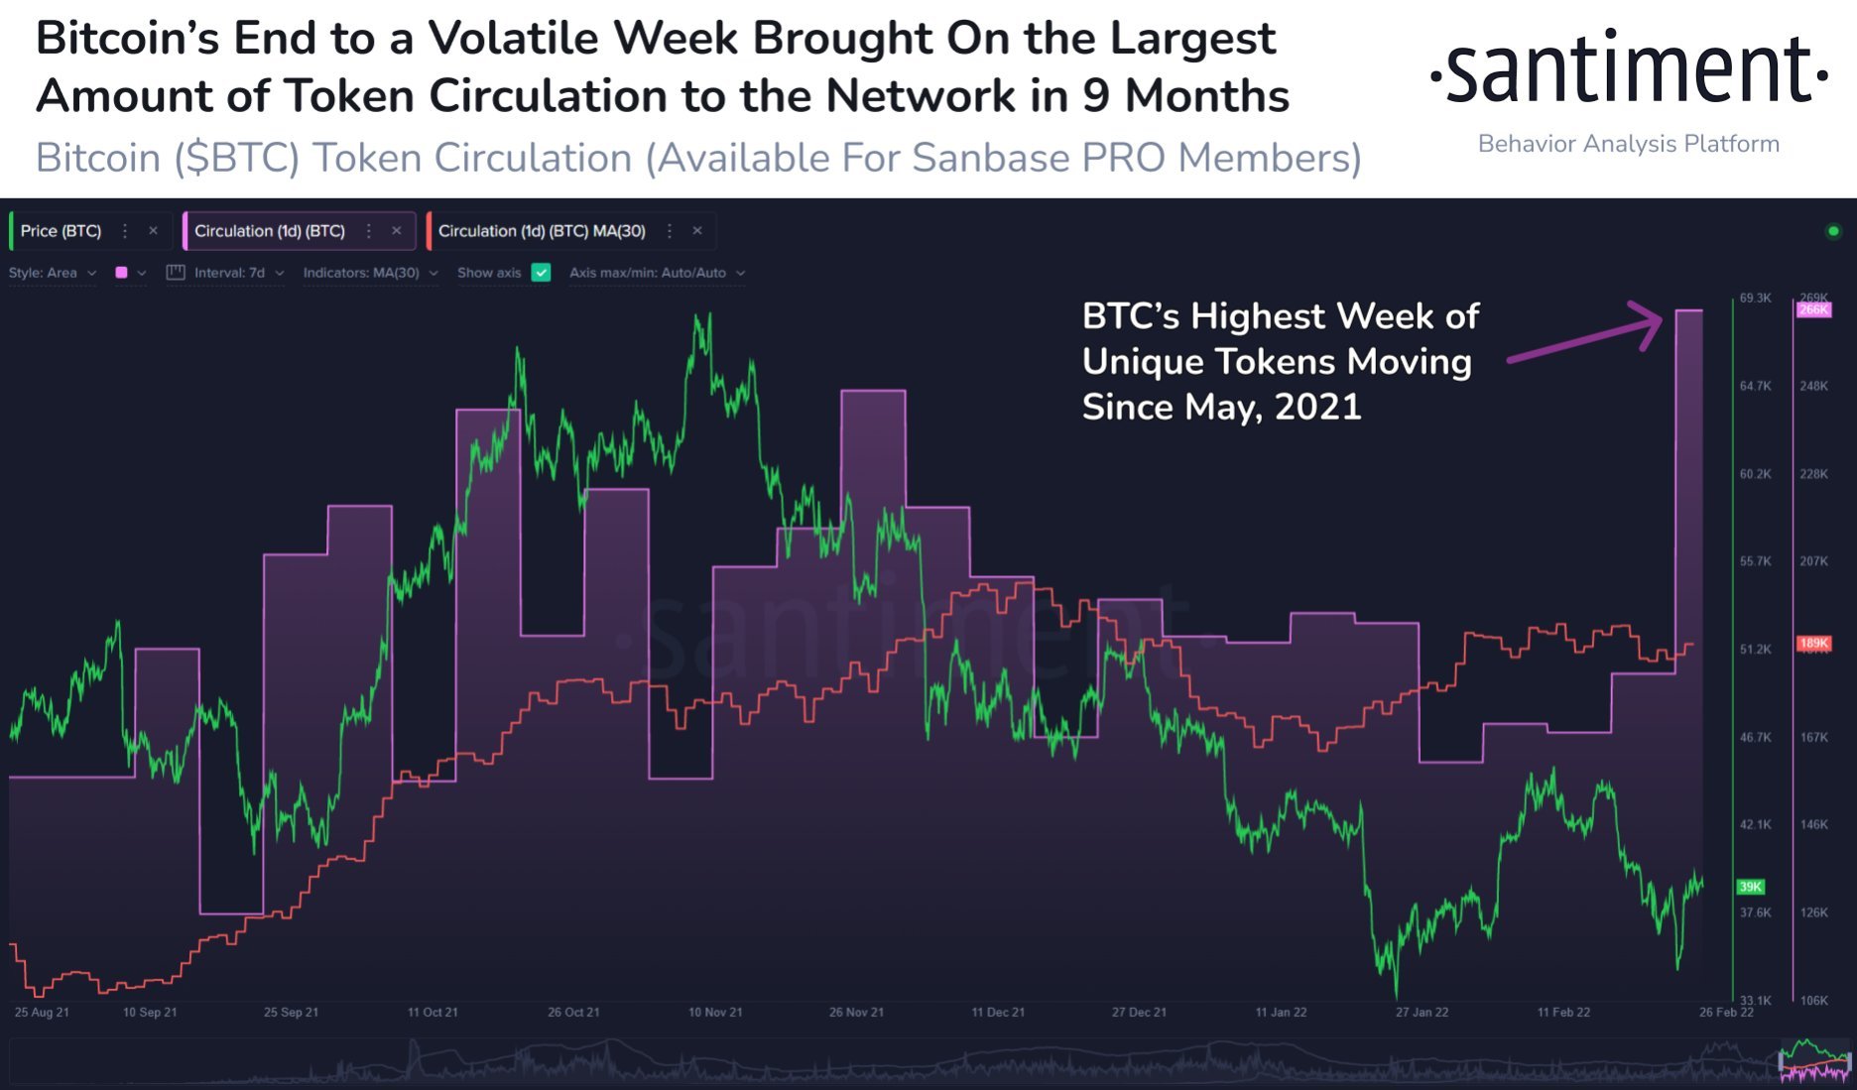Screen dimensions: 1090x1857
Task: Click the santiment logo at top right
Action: (1628, 69)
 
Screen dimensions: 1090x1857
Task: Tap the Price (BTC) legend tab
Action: (61, 231)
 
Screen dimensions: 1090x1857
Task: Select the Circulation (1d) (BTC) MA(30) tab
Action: (541, 231)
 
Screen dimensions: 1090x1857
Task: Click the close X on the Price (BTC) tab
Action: (153, 231)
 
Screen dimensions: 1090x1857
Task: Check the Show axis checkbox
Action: (541, 273)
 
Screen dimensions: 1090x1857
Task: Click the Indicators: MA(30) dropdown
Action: (369, 273)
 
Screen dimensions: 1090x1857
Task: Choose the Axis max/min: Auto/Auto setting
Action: (656, 273)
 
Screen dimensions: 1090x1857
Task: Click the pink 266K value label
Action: (1813, 310)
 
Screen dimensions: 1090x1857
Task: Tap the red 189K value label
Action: (1813, 644)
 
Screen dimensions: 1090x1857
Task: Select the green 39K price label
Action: (1751, 887)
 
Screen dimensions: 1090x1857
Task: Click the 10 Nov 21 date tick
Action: (715, 1013)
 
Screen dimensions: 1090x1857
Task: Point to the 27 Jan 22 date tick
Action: (1422, 1013)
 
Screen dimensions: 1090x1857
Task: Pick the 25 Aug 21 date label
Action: (42, 1013)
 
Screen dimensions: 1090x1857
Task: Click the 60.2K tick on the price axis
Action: (1755, 474)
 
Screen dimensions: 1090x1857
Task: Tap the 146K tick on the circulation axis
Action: (1813, 825)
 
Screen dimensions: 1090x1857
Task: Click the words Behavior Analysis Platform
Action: (1628, 144)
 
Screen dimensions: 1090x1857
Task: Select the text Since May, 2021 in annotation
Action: (1221, 407)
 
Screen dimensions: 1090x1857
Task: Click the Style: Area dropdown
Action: (52, 273)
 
